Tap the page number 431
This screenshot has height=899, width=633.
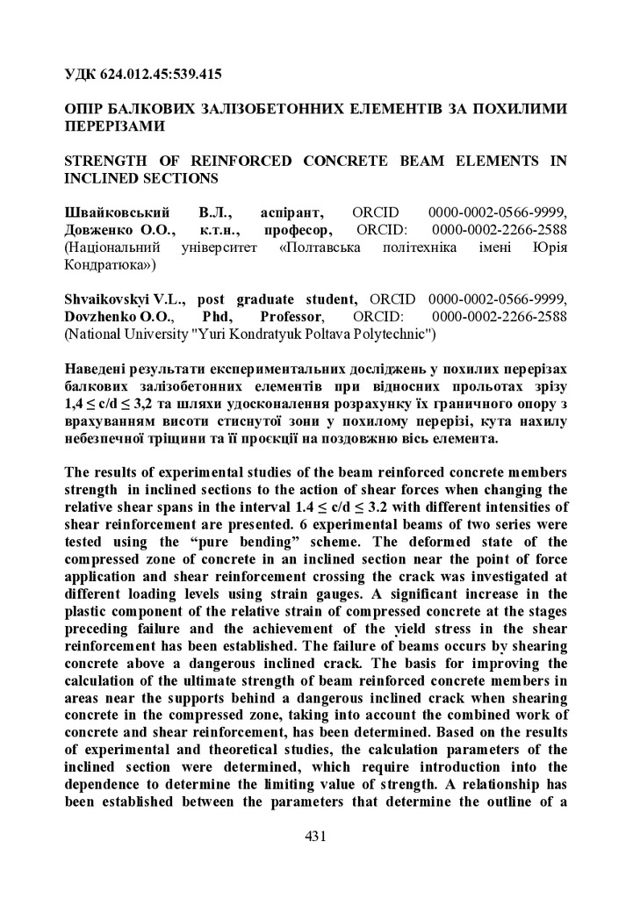(316, 837)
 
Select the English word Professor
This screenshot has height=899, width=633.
(291, 316)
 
